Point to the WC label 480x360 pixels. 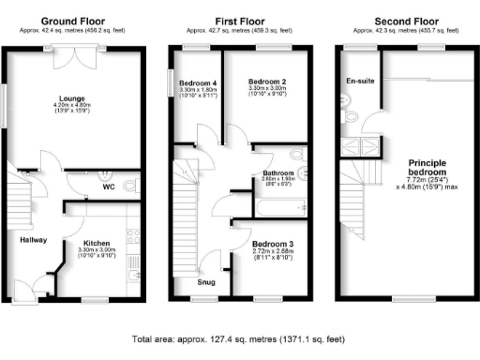click(x=109, y=187)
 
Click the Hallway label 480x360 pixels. click(x=35, y=239)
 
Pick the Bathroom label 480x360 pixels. click(x=278, y=173)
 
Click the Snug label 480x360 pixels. click(x=205, y=280)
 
